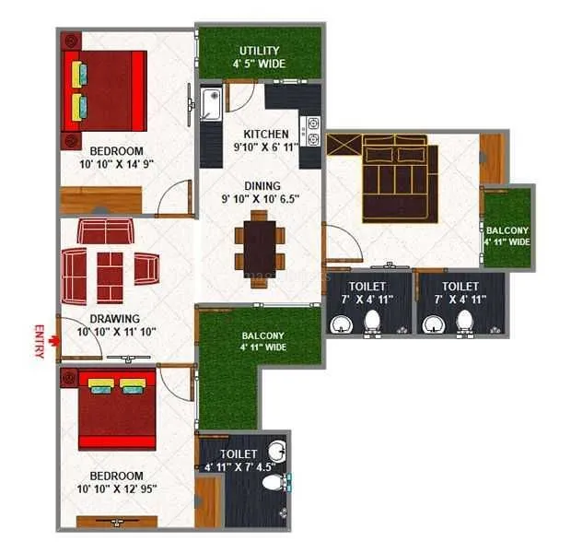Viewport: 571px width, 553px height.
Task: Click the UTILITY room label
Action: click(259, 50)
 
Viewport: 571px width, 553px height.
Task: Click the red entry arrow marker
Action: click(54, 341)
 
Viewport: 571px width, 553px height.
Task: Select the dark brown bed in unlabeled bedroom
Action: click(393, 178)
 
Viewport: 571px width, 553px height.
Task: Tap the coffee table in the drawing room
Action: click(110, 270)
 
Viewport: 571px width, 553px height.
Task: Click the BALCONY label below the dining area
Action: click(262, 335)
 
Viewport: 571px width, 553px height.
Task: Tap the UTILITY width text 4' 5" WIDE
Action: click(259, 64)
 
